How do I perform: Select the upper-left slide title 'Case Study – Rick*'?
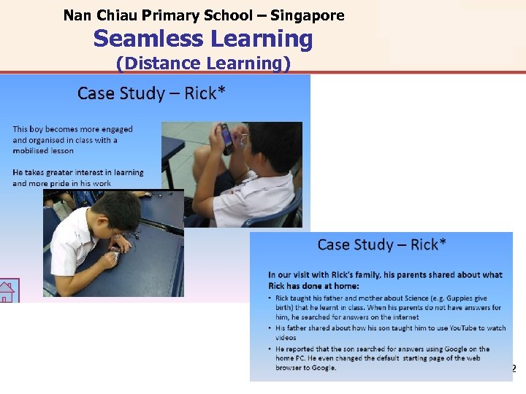151,93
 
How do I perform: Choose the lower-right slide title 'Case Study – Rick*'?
381,244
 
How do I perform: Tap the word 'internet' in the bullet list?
404,317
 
